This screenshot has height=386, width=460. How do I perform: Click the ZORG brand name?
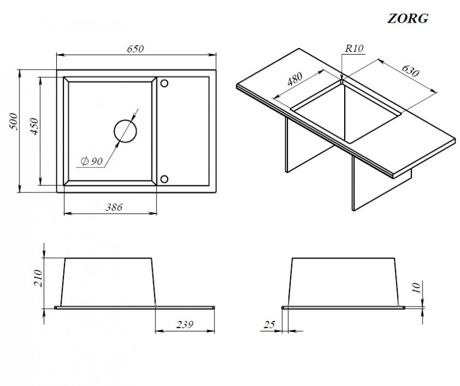[x=408, y=19]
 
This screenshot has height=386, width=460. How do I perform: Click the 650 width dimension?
[x=135, y=49]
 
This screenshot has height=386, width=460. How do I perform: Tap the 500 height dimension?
[x=14, y=121]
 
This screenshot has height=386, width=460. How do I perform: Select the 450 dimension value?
[x=34, y=126]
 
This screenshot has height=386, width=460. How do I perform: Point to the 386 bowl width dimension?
[x=114, y=207]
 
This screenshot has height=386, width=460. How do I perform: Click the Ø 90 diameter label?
[x=92, y=161]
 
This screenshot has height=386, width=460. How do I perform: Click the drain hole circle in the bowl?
[x=125, y=131]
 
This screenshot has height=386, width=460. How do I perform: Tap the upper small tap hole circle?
[x=164, y=83]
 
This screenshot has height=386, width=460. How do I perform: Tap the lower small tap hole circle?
[x=164, y=179]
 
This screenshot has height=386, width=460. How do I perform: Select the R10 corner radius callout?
[x=354, y=48]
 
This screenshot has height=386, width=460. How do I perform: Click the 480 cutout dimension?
[x=295, y=79]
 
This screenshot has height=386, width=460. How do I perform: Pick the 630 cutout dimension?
[x=410, y=71]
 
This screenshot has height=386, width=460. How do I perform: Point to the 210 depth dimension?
[x=38, y=278]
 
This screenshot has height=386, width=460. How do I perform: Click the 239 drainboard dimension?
[x=185, y=324]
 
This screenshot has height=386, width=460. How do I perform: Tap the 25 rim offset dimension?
[x=269, y=324]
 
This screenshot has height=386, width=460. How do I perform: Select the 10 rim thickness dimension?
[x=416, y=287]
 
